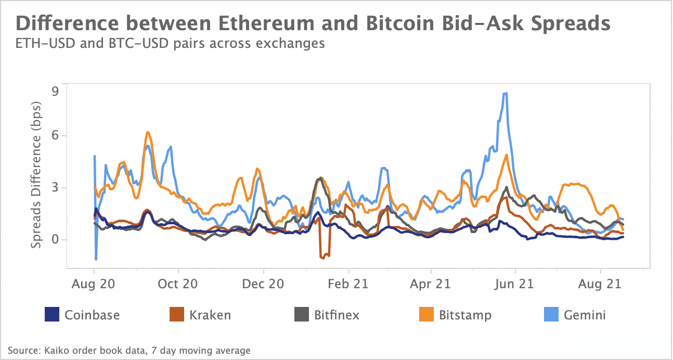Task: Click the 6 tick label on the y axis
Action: coord(55,136)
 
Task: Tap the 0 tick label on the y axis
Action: coord(55,240)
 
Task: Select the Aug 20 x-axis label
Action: coord(94,284)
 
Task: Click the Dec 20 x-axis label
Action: coord(264,284)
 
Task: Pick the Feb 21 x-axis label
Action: coord(348,284)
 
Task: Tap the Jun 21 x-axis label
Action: coord(515,284)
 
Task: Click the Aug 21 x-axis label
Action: coord(601,284)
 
